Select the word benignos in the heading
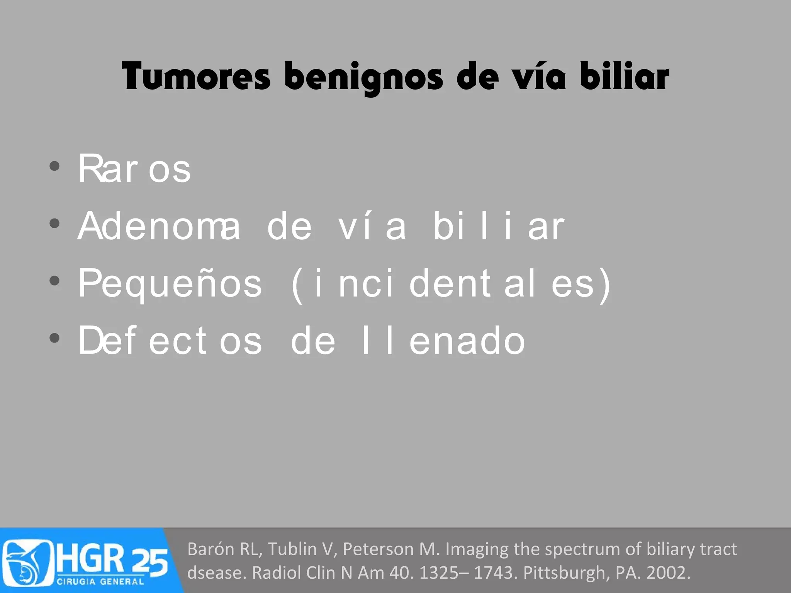click(363, 77)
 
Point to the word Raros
click(134, 169)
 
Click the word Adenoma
click(159, 226)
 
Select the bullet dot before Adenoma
click(54, 224)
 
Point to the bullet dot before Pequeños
click(54, 281)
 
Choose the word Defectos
click(170, 341)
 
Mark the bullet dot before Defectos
click(54, 338)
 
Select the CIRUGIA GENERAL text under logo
click(100, 581)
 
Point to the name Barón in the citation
click(210, 549)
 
